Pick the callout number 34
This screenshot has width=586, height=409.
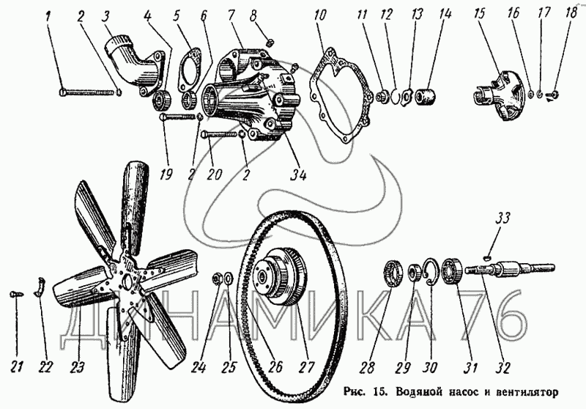point(297,176)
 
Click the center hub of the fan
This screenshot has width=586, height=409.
point(130,281)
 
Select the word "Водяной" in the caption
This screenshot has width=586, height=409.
point(411,391)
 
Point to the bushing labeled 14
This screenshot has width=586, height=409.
point(426,96)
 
